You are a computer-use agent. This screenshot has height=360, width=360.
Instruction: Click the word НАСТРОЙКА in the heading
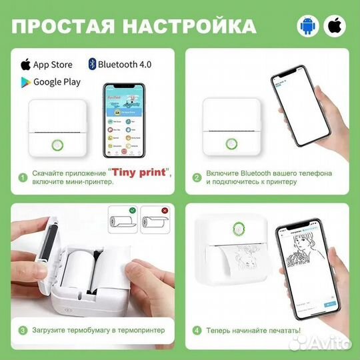(x=193, y=26)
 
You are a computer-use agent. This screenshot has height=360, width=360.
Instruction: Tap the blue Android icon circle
(x=308, y=26)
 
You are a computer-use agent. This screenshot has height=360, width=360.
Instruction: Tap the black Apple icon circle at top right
(x=335, y=26)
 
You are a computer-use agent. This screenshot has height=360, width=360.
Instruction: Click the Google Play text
(x=57, y=82)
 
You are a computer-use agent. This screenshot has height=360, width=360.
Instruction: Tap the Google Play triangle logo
(x=26, y=82)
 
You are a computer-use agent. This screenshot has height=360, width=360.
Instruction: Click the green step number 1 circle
(x=23, y=178)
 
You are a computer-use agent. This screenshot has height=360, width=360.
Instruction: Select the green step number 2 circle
(x=197, y=178)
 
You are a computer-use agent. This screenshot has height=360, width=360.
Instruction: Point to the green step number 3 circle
(x=23, y=330)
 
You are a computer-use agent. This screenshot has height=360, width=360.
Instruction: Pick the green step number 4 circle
(x=197, y=330)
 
